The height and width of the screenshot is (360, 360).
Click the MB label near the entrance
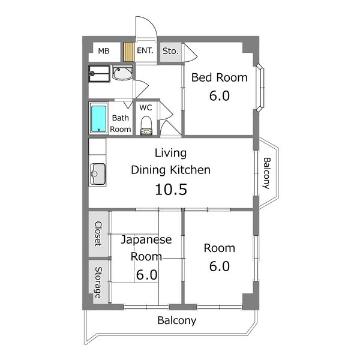click(x=104, y=51)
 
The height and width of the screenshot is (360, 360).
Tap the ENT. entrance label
click(x=145, y=51)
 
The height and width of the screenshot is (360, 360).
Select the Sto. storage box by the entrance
click(x=170, y=51)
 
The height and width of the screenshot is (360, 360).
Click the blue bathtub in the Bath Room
click(x=99, y=119)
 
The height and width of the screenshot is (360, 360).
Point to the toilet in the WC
click(x=146, y=125)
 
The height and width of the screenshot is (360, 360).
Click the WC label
click(x=146, y=107)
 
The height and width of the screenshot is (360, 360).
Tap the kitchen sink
click(x=98, y=174)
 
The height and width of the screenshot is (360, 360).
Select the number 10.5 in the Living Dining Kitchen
click(x=171, y=190)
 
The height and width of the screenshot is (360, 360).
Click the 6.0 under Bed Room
click(x=219, y=95)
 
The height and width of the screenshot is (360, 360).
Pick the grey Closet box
click(x=98, y=234)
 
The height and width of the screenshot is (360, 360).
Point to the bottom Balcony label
click(x=177, y=320)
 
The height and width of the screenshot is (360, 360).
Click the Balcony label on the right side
click(x=267, y=172)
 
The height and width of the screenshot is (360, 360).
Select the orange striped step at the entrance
click(x=128, y=51)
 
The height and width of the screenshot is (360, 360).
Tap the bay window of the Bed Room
click(x=260, y=88)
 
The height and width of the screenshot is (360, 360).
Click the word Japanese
click(x=146, y=240)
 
